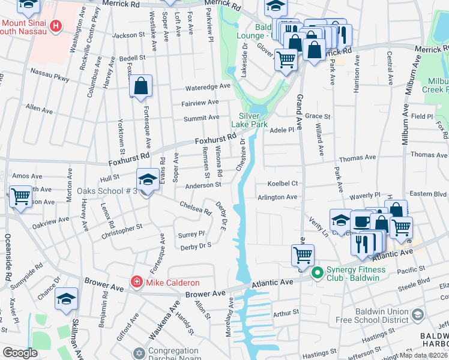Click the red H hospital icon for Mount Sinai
tap(56, 26)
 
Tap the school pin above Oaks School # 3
tap(147, 179)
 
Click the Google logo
tap(20, 353)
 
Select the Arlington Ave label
tap(277, 197)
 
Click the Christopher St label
tap(121, 231)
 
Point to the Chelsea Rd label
tap(196, 208)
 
